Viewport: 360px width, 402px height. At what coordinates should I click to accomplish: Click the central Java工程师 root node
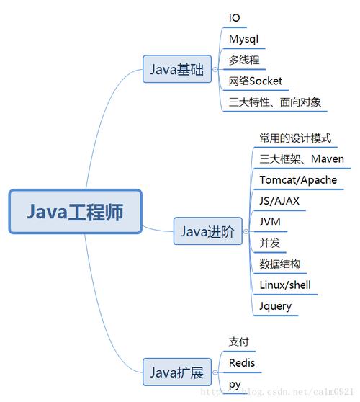point(76,212)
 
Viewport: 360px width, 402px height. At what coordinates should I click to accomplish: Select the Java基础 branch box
point(177,70)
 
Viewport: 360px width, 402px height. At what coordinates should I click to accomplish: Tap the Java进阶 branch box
point(207,231)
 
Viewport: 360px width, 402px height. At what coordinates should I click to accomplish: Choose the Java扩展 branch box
point(177,372)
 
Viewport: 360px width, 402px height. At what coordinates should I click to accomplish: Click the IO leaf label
point(235,18)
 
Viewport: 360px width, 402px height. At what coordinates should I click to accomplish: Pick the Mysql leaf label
point(243,39)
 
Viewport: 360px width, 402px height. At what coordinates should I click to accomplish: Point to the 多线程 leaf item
point(244,60)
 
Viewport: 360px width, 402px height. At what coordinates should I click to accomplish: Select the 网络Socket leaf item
point(256,81)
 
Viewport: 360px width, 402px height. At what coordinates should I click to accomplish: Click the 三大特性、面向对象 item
point(275,102)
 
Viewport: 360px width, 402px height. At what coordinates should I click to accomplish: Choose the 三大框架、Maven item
point(302,158)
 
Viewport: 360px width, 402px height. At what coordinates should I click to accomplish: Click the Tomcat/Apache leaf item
point(298,179)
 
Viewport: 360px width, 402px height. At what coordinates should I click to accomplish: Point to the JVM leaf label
point(271,222)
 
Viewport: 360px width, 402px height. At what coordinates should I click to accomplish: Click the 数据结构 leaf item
point(280,264)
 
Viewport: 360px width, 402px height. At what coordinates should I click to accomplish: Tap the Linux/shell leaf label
point(285,285)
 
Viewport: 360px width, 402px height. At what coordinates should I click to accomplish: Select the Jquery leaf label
point(276,305)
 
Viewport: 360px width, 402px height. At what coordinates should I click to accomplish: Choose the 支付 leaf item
point(238,341)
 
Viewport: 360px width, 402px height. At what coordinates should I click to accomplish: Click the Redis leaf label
point(242,362)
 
